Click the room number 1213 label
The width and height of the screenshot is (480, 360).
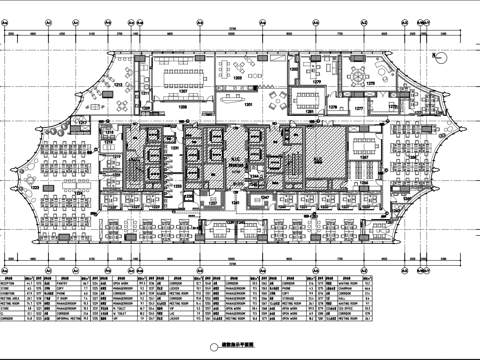tap(117, 88)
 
